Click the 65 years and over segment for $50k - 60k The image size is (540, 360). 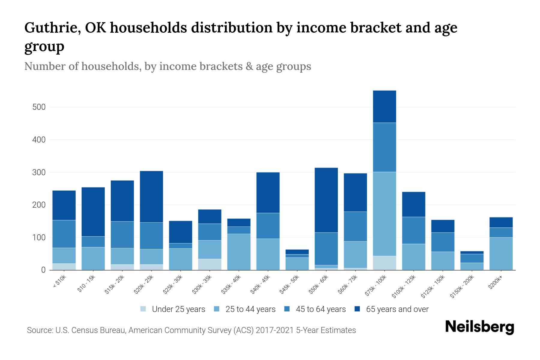pyautogui.click(x=326, y=200)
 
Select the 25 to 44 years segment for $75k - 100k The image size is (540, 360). pyautogui.click(x=384, y=214)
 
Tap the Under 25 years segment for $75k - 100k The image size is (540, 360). pyautogui.click(x=384, y=263)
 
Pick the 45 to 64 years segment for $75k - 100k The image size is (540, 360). pyautogui.click(x=384, y=147)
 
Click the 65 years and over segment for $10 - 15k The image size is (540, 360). pyautogui.click(x=93, y=212)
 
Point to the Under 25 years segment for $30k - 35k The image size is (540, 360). pyautogui.click(x=210, y=264)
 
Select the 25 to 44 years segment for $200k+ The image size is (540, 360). pyautogui.click(x=501, y=253)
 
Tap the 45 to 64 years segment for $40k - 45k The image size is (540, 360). pyautogui.click(x=268, y=226)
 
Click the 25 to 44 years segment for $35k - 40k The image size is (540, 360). pyautogui.click(x=239, y=252)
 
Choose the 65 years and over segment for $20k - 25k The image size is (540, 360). pyautogui.click(x=151, y=196)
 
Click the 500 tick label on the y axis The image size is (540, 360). pyautogui.click(x=39, y=107)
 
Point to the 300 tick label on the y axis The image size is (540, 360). pyautogui.click(x=39, y=172)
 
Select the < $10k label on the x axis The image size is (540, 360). pyautogui.click(x=59, y=282)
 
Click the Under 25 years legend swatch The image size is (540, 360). pyautogui.click(x=143, y=309)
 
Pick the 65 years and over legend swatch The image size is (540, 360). pyautogui.click(x=357, y=309)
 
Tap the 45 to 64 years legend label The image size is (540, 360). pyautogui.click(x=321, y=309)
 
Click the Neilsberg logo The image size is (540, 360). pyautogui.click(x=480, y=327)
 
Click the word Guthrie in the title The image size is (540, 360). pyautogui.click(x=52, y=28)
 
